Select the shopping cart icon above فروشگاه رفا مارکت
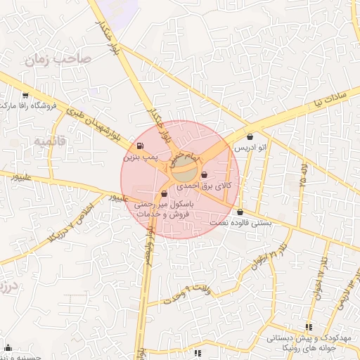26,95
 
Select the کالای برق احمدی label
209,186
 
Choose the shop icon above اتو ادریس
252,137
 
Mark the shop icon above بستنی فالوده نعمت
241,212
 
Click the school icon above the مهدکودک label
308,327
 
